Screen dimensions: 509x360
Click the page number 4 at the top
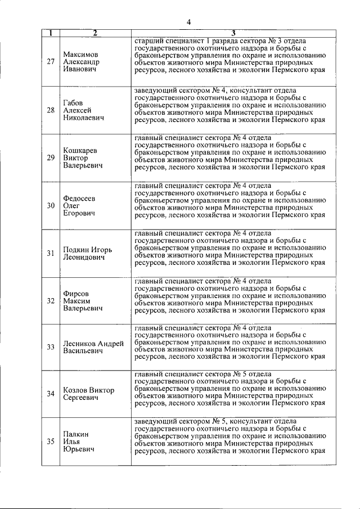point(189,22)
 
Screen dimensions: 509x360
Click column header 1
point(51,33)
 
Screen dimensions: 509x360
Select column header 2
point(95,33)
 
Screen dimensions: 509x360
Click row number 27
point(51,62)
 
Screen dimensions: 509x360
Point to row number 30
point(51,205)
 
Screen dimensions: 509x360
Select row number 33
point(51,347)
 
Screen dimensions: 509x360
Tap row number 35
point(51,442)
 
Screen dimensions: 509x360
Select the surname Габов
point(73,102)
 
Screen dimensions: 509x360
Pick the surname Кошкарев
point(80,150)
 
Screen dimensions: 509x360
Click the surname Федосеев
point(79,198)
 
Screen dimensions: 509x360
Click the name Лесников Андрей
point(93,344)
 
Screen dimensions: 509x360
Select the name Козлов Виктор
point(88,390)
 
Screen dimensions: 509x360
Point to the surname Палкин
point(76,434)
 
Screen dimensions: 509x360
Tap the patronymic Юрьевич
point(78,449)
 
